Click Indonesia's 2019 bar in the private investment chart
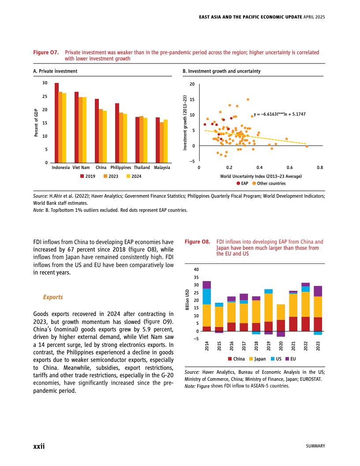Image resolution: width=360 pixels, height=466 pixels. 56,123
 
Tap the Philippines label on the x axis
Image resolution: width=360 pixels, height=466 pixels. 121,168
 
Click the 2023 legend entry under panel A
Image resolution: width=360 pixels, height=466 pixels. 111,176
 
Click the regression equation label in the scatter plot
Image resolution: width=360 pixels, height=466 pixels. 280,114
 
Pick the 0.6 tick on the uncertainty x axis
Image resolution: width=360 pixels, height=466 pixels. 289,168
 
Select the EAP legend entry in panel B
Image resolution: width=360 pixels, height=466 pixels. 242,183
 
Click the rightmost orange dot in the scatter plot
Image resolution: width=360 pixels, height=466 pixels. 307,147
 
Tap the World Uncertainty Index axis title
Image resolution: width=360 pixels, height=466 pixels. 261,176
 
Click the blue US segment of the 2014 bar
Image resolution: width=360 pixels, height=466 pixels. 206,296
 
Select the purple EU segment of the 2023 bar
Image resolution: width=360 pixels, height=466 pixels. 318,291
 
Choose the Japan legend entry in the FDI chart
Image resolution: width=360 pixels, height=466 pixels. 257,359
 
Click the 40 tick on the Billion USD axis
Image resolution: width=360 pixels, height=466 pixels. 197,269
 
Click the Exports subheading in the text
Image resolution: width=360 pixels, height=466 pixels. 52,297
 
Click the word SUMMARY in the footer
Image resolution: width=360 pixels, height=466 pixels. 315,446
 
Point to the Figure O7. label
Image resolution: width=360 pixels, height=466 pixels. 46,52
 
